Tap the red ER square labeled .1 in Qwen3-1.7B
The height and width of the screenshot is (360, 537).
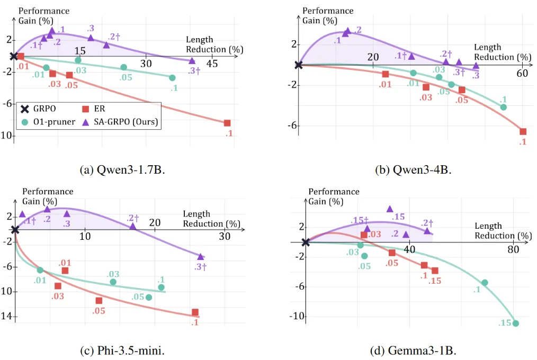pyautogui.click(x=227, y=123)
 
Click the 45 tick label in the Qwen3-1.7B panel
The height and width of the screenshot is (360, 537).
pyautogui.click(x=212, y=64)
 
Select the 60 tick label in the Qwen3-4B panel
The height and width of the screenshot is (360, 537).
pyautogui.click(x=522, y=73)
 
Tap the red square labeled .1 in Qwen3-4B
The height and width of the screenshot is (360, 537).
pyautogui.click(x=523, y=131)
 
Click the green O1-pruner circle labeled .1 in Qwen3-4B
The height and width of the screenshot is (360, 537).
pyautogui.click(x=503, y=107)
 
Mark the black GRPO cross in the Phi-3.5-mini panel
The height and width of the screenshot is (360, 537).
pyautogui.click(x=15, y=229)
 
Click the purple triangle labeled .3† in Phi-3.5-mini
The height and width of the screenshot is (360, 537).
pyautogui.click(x=201, y=256)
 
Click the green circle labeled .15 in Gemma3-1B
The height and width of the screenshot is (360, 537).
pyautogui.click(x=516, y=323)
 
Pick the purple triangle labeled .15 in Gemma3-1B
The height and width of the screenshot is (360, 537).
pyautogui.click(x=390, y=209)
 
